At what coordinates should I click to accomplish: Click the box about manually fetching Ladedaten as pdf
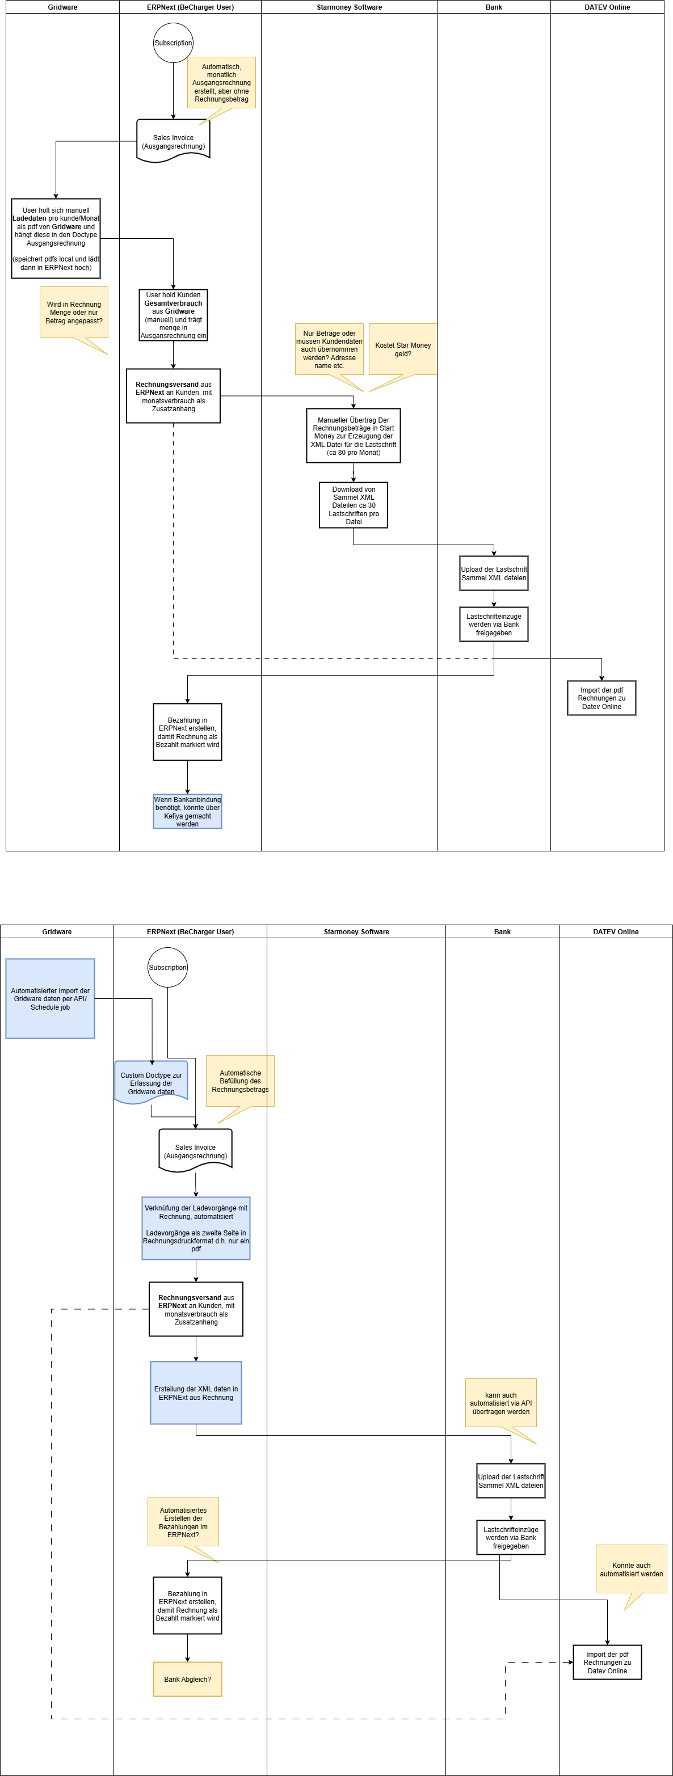[56, 239]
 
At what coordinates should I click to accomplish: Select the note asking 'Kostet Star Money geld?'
[403, 349]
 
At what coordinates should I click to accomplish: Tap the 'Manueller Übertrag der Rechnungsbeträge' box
[353, 436]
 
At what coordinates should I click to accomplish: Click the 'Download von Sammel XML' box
[353, 505]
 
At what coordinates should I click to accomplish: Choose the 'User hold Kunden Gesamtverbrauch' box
[173, 315]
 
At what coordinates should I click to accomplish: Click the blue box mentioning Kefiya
[188, 812]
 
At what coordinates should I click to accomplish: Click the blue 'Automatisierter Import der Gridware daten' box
[51, 998]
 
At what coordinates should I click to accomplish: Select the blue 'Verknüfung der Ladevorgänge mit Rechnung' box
[196, 1228]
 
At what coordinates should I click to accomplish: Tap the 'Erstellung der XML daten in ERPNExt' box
[196, 1393]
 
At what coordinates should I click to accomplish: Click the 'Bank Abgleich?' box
[188, 1679]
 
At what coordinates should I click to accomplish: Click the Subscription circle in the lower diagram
[167, 967]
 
